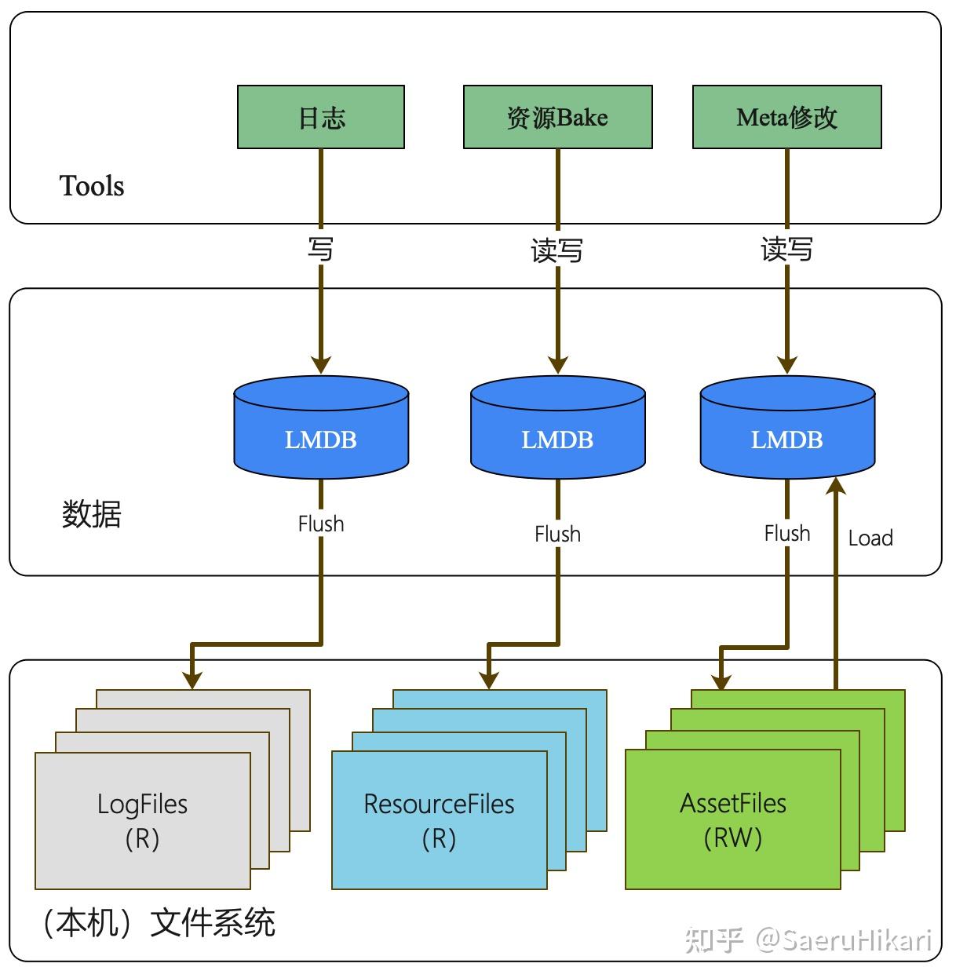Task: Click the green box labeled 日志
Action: pyautogui.click(x=320, y=117)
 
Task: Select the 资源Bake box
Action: pyautogui.click(x=557, y=117)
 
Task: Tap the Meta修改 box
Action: pyautogui.click(x=786, y=117)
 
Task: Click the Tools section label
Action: pyautogui.click(x=92, y=186)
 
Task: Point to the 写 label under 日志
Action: pyautogui.click(x=320, y=249)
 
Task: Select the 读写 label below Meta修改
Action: pyautogui.click(x=786, y=250)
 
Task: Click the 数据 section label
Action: pyautogui.click(x=92, y=514)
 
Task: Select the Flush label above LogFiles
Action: pyautogui.click(x=320, y=524)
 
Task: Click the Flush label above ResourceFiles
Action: pyautogui.click(x=557, y=534)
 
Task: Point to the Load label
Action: pyautogui.click(x=870, y=538)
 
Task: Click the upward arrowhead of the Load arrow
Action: pyautogui.click(x=837, y=484)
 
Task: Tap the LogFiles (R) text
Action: pyautogui.click(x=142, y=820)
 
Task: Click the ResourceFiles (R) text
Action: pyautogui.click(x=439, y=820)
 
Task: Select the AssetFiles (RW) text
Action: pyautogui.click(x=732, y=819)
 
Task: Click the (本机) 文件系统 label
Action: pyautogui.click(x=157, y=922)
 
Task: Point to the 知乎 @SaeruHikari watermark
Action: pyautogui.click(x=808, y=940)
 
